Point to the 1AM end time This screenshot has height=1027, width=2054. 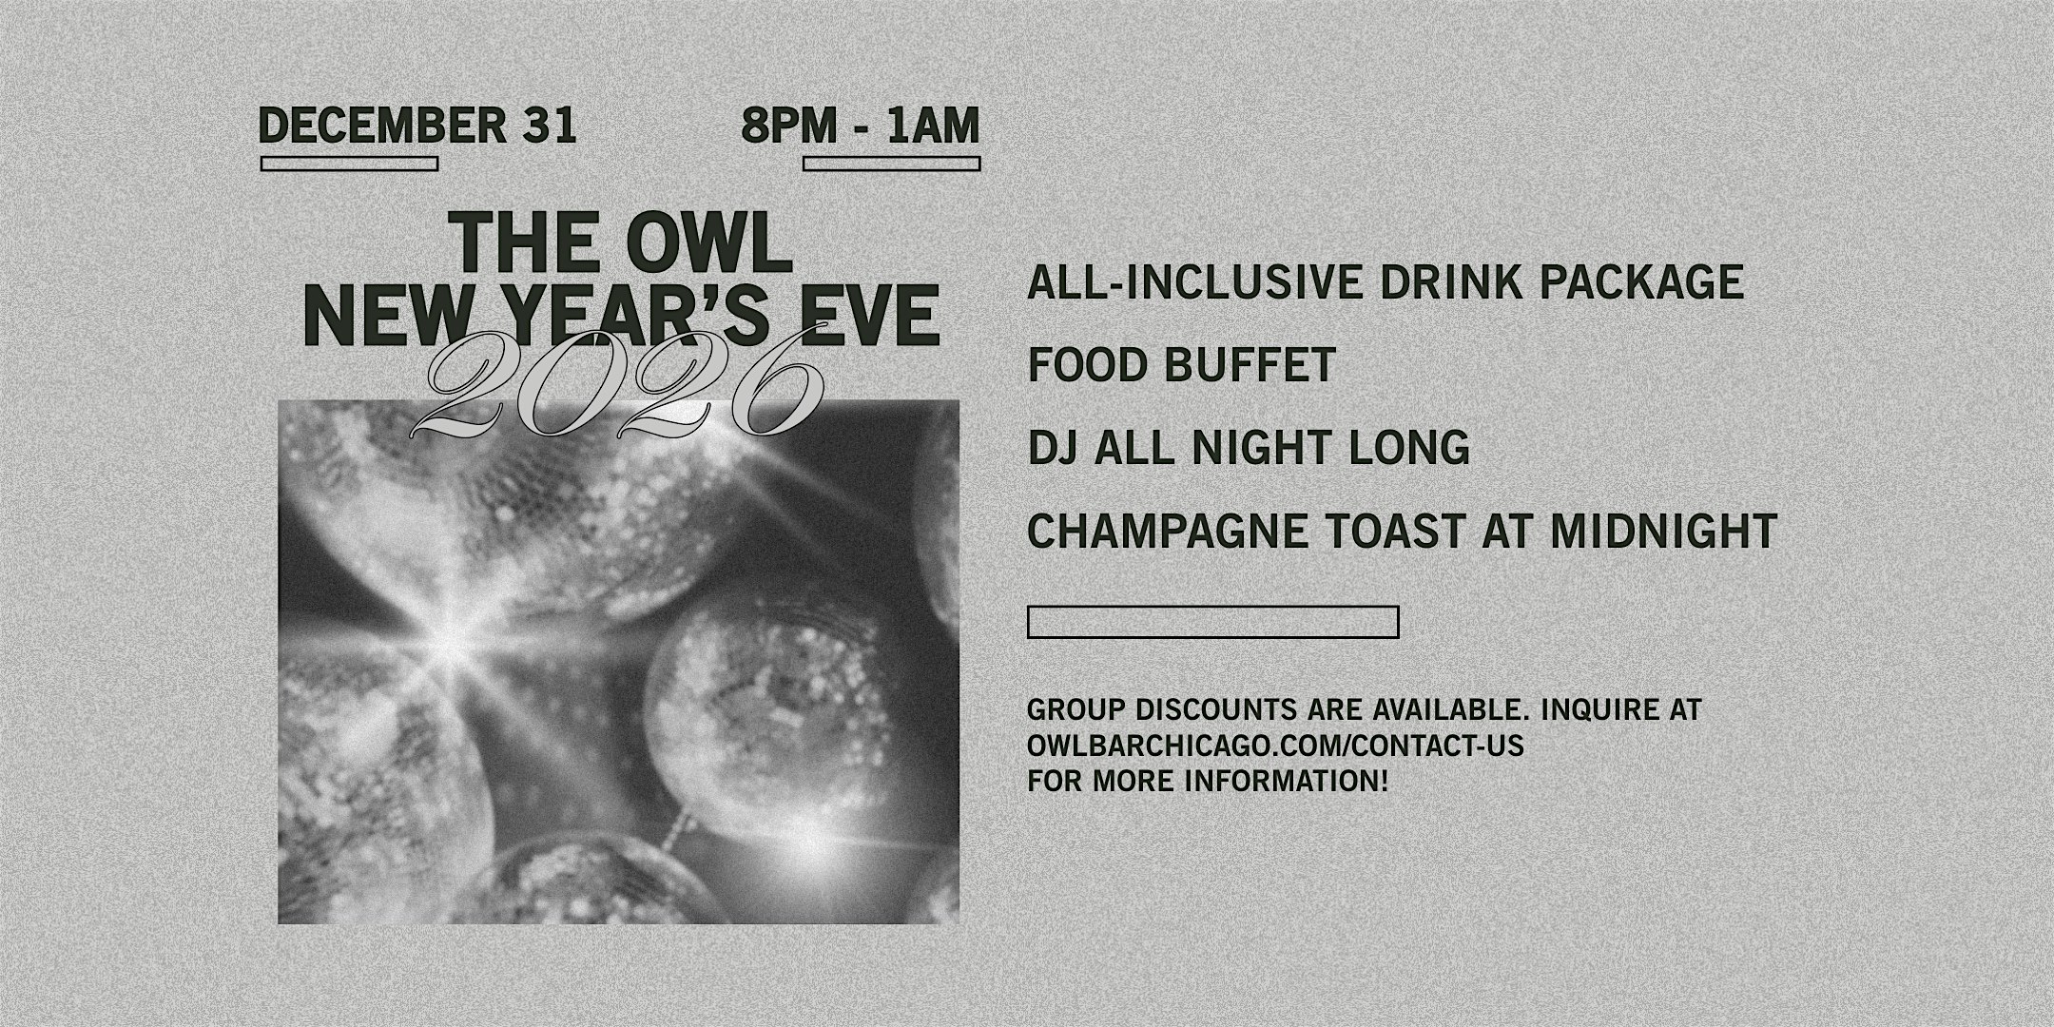tap(933, 126)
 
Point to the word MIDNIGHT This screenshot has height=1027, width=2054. tap(1663, 531)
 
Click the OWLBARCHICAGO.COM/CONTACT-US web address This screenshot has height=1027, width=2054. tap(1275, 746)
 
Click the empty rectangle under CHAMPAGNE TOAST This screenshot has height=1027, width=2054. tap(1212, 622)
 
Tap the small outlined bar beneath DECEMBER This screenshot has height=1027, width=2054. tap(349, 164)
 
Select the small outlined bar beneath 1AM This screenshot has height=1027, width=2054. tap(891, 164)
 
